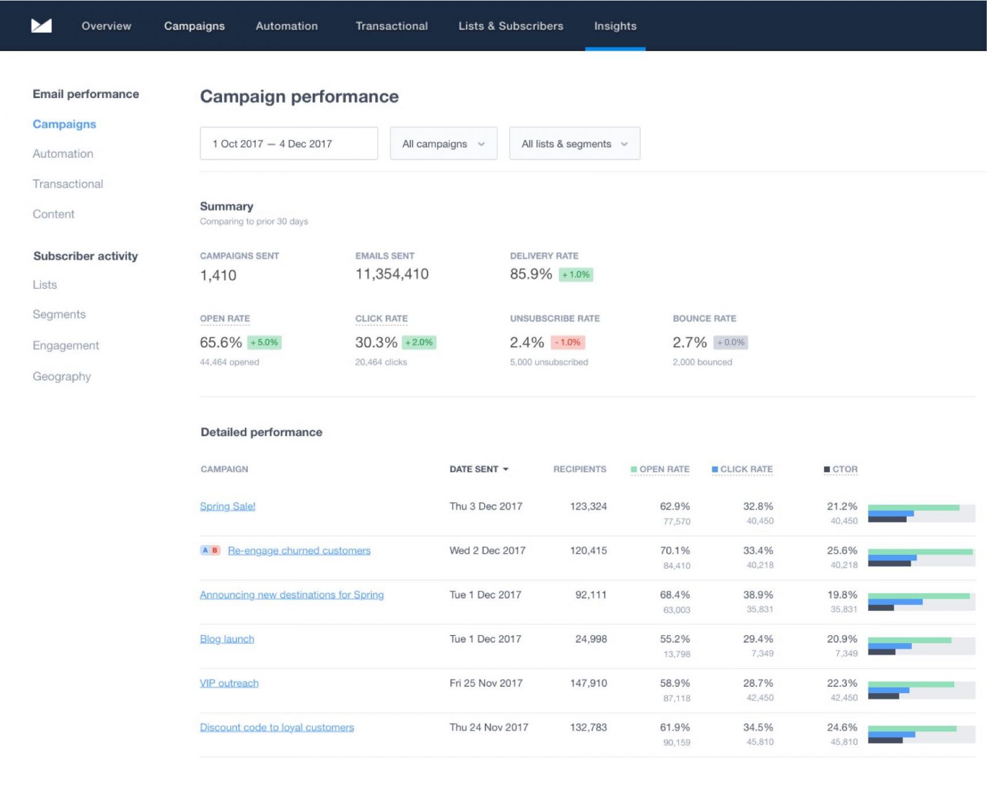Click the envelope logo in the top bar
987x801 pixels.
point(41,25)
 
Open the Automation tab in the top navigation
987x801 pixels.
point(287,26)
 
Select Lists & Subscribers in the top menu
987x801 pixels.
point(511,26)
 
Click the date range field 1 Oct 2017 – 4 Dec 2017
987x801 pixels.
point(289,144)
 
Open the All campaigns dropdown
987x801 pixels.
point(443,144)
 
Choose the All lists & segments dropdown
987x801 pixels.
point(574,144)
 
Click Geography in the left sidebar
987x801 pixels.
point(62,376)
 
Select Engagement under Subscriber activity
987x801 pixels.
point(66,345)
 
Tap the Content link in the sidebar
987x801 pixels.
point(54,214)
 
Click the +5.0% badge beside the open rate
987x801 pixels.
point(265,342)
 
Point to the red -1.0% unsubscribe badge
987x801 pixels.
point(568,342)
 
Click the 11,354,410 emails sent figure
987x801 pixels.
point(392,274)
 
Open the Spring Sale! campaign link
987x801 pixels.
point(228,506)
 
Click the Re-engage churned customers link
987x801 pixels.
point(299,551)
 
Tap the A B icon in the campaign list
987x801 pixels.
point(210,550)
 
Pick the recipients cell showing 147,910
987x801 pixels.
point(588,683)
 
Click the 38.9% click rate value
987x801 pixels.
point(758,595)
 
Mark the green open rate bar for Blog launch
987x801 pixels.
point(909,640)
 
